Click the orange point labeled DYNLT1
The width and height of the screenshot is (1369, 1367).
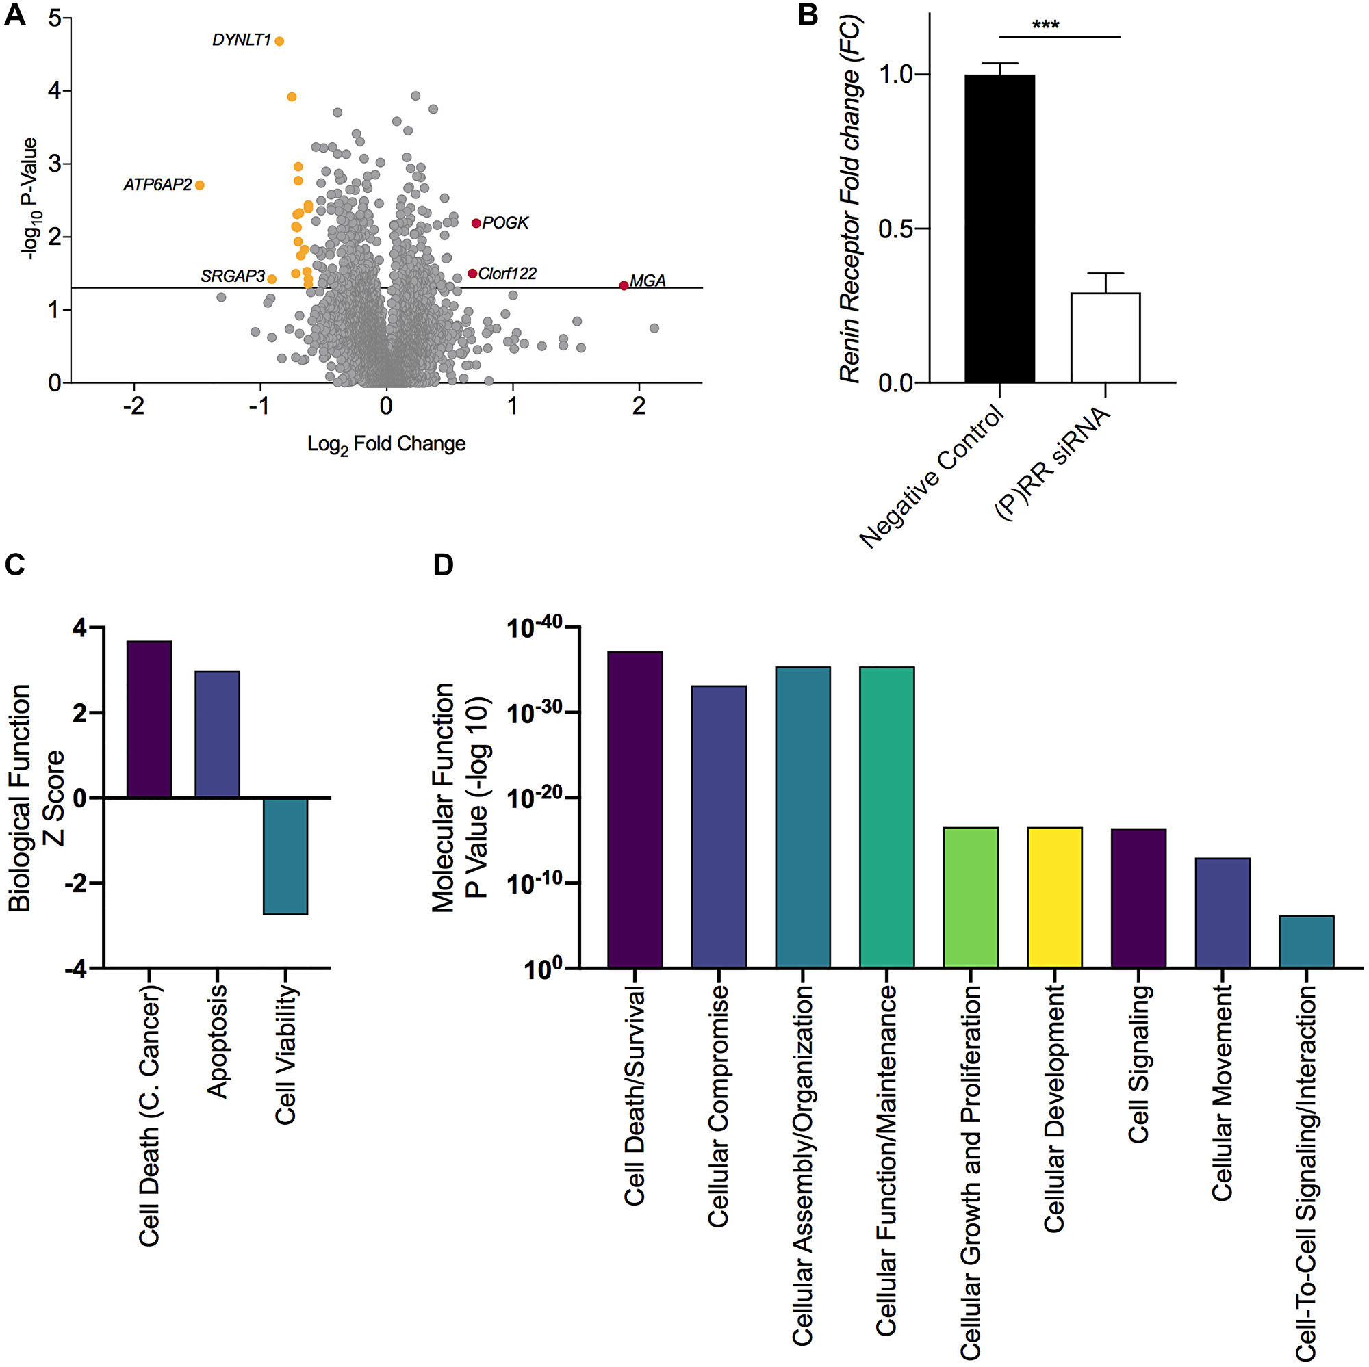pyautogui.click(x=279, y=41)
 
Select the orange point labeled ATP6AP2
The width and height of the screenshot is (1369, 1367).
pyautogui.click(x=200, y=185)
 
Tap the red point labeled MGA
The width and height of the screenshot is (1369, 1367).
pyautogui.click(x=624, y=285)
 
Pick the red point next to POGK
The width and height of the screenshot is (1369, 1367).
pyautogui.click(x=476, y=224)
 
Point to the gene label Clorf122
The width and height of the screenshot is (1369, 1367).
pyautogui.click(x=507, y=274)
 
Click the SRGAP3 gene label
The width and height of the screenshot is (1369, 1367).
pyautogui.click(x=233, y=276)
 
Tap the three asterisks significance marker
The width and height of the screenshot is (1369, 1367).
pyautogui.click(x=1046, y=26)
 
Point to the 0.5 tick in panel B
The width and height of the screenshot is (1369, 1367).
pyautogui.click(x=895, y=229)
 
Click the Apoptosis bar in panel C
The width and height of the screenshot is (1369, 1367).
pyautogui.click(x=218, y=734)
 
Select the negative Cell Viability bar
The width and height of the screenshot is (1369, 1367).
pyautogui.click(x=285, y=856)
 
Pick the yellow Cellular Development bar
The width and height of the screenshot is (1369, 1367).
pyautogui.click(x=1054, y=898)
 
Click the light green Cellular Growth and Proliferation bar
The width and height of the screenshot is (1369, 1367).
pyautogui.click(x=971, y=898)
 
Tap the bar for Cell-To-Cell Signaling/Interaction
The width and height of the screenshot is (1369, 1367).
pyautogui.click(x=1306, y=942)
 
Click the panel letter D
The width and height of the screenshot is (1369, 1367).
pyautogui.click(x=443, y=565)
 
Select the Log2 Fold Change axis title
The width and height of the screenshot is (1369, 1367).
pyautogui.click(x=386, y=445)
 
